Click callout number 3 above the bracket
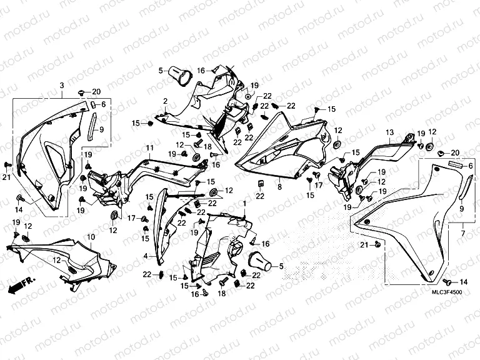coord(62,86)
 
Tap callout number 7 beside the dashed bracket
coord(463,234)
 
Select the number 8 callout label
coord(279,186)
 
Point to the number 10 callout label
coord(91,237)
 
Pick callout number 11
coord(150,148)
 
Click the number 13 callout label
coord(390,132)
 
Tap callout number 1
coord(244,204)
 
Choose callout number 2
coord(165,101)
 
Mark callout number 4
coord(146,256)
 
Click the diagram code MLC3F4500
coord(447,292)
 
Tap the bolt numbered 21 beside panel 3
coord(7,165)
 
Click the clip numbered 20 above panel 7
coord(442,152)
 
